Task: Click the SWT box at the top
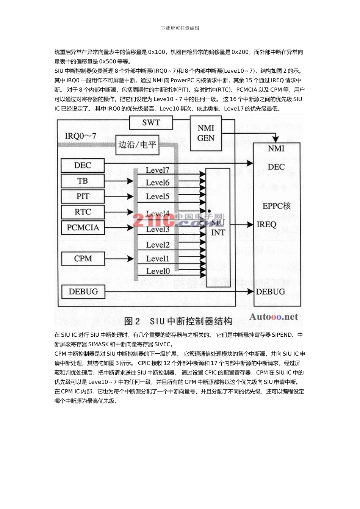[x=151, y=123]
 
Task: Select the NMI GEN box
[x=206, y=133]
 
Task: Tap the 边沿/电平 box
[x=137, y=145]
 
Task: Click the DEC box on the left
[x=83, y=166]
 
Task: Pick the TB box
[x=83, y=181]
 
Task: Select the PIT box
[x=83, y=197]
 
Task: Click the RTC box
[x=83, y=212]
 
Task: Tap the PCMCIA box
[x=83, y=228]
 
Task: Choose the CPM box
[x=83, y=259]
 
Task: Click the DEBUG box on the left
[x=83, y=292]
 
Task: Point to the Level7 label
[x=157, y=170]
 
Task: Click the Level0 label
[x=158, y=271]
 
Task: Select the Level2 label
[x=158, y=245]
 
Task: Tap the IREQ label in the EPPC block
[x=266, y=225]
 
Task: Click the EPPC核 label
[x=277, y=206]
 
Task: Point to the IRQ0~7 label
[x=80, y=136]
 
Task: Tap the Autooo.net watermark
[x=274, y=317]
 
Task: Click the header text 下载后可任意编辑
[x=180, y=28]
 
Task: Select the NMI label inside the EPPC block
[x=276, y=149]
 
